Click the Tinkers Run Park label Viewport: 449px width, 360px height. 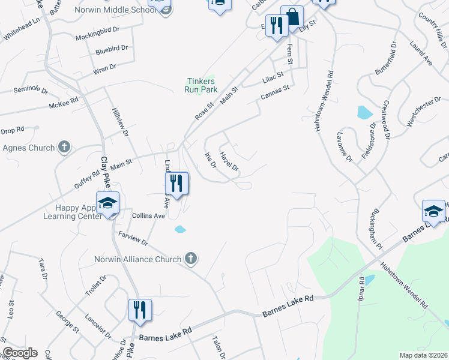coord(201,85)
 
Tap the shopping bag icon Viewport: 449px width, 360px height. coord(292,17)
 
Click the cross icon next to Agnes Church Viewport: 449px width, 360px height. coord(64,147)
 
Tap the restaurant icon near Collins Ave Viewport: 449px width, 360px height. coord(176,182)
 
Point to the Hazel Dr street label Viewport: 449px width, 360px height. coord(229,160)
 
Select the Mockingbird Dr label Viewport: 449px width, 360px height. coord(98,37)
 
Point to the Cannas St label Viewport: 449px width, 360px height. coord(275,92)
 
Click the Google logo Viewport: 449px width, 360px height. coord(19,353)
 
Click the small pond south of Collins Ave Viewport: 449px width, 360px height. coord(180,229)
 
